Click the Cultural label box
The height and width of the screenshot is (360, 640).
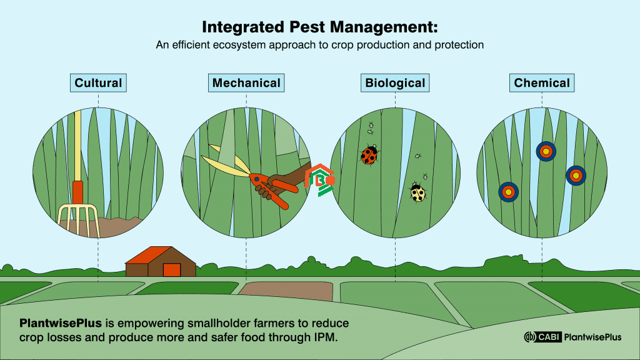click(x=98, y=82)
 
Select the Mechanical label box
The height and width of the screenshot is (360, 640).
click(x=246, y=82)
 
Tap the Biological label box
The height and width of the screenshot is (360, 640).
click(x=395, y=82)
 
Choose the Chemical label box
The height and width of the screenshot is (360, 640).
click(x=542, y=82)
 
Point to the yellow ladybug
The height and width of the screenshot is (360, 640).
click(x=417, y=193)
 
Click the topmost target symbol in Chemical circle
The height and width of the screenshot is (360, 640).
click(x=546, y=151)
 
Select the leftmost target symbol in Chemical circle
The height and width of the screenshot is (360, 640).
click(x=508, y=192)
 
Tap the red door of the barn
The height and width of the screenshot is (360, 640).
click(x=171, y=269)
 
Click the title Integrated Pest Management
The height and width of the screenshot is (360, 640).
click(x=319, y=28)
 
